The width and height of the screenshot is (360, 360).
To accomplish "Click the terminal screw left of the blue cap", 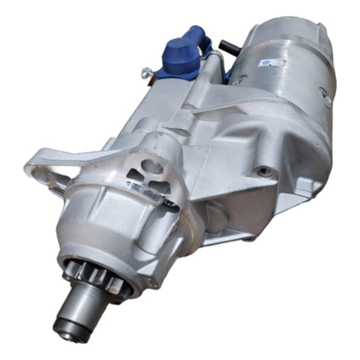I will click(x=148, y=73).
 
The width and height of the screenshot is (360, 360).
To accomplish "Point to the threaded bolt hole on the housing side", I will click(x=263, y=172).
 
